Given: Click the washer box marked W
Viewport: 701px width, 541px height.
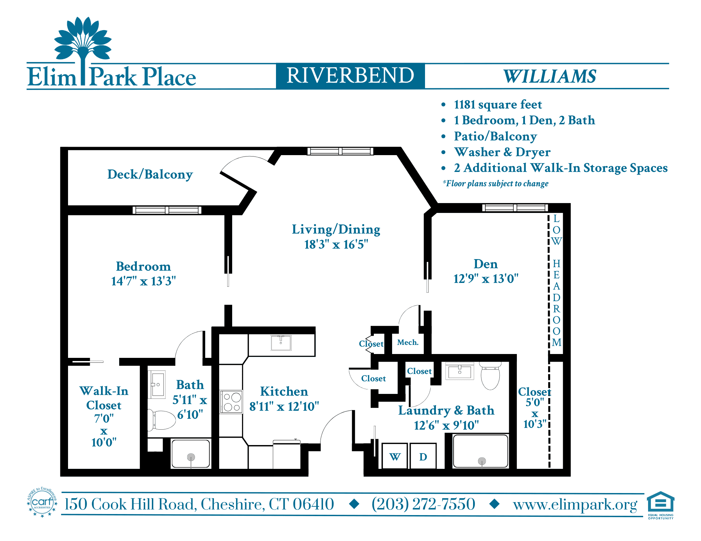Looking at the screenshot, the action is click(x=395, y=456).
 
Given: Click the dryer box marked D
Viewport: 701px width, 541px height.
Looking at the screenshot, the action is click(x=423, y=456).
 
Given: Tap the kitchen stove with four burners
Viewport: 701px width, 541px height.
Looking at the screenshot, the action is click(x=231, y=402).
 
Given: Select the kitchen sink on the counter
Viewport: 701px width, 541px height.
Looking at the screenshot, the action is click(x=281, y=342).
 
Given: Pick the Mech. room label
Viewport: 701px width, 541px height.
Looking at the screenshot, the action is click(x=408, y=342).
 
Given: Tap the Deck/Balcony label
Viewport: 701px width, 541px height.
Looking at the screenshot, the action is click(x=150, y=174).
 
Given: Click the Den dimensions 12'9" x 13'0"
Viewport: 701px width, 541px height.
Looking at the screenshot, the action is click(x=486, y=279).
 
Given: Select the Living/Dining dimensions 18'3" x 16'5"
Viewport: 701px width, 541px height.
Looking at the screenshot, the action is click(x=336, y=244).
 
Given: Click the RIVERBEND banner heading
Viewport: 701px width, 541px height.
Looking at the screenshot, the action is click(x=350, y=76).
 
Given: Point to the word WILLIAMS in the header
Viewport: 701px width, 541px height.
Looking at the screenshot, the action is click(x=550, y=76).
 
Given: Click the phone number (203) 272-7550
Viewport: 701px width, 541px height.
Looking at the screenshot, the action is click(x=423, y=504).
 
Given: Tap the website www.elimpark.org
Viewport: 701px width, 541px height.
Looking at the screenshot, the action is click(x=575, y=505).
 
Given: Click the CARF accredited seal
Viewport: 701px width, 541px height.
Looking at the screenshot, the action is click(x=42, y=502).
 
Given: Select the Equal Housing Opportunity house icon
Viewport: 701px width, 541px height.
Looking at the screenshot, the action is click(x=661, y=502).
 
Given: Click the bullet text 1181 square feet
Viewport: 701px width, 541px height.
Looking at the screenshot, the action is click(x=498, y=104).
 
